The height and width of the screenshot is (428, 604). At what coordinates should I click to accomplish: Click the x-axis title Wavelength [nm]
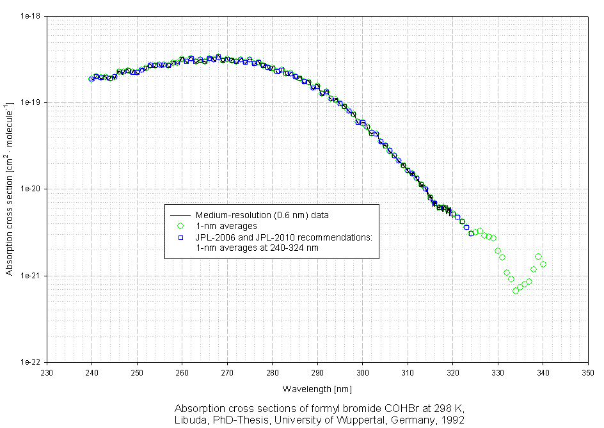317,388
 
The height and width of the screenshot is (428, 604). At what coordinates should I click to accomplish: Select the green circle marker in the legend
180,226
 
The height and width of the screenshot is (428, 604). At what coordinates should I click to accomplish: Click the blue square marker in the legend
180,237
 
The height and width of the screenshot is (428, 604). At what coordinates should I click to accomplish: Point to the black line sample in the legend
180,215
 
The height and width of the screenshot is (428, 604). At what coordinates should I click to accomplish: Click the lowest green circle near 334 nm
515,290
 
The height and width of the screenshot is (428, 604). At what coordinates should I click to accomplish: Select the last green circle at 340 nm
543,264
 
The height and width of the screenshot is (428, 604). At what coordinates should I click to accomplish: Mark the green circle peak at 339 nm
538,257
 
